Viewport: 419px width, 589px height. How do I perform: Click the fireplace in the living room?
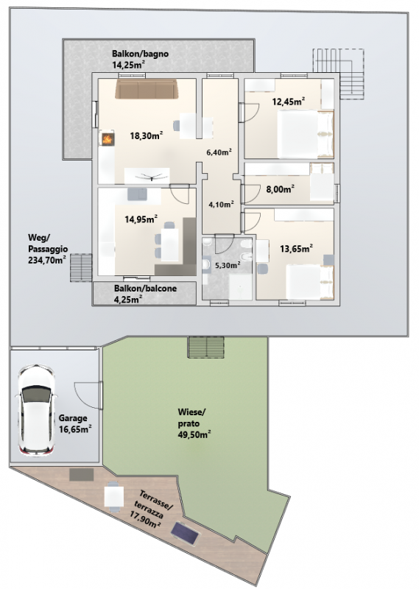coord(108,138)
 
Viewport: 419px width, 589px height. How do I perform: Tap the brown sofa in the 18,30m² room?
coord(147,88)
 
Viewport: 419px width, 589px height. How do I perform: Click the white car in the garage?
coord(35,410)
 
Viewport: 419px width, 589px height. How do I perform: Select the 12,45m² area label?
coord(288,101)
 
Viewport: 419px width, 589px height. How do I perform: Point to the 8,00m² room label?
coord(280,189)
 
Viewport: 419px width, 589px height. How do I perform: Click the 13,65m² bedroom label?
coord(297,248)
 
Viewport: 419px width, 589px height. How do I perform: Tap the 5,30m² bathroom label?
coord(228,265)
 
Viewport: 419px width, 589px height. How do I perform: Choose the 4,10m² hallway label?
coord(221,205)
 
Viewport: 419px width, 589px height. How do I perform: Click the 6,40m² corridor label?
coord(219,152)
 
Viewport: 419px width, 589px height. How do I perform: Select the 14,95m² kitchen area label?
coord(141,219)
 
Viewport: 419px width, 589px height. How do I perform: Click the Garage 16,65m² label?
coord(75,424)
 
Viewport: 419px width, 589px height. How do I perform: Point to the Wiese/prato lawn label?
coord(194,423)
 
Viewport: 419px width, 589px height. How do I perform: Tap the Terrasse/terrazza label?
coord(150,509)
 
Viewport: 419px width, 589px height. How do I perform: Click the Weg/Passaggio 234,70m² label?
coord(48,248)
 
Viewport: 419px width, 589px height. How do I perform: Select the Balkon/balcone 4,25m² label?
coord(145,294)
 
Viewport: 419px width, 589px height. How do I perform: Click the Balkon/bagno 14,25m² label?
coord(140,59)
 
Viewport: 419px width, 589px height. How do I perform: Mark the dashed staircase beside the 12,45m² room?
coord(339,74)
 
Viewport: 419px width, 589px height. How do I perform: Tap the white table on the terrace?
coord(114,495)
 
